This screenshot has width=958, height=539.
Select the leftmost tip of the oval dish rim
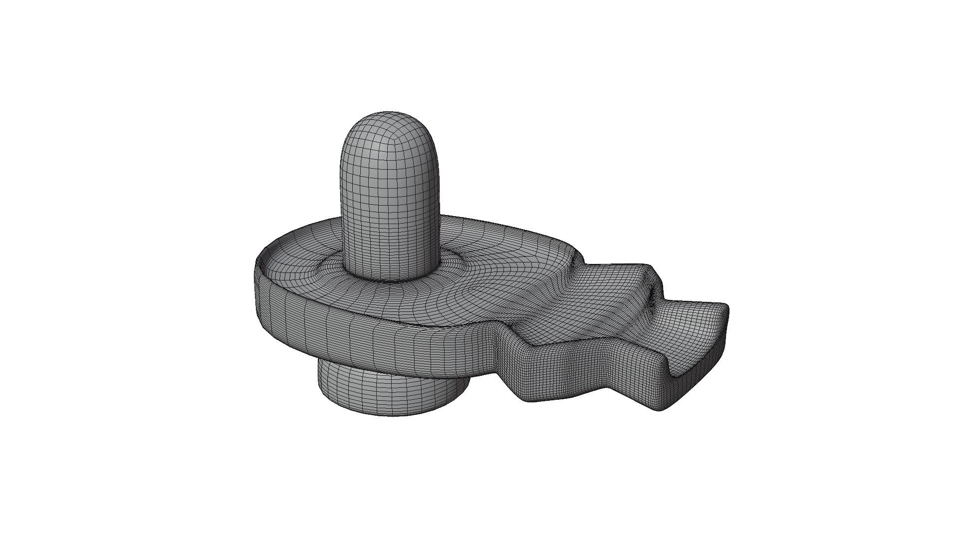click(x=255, y=265)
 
